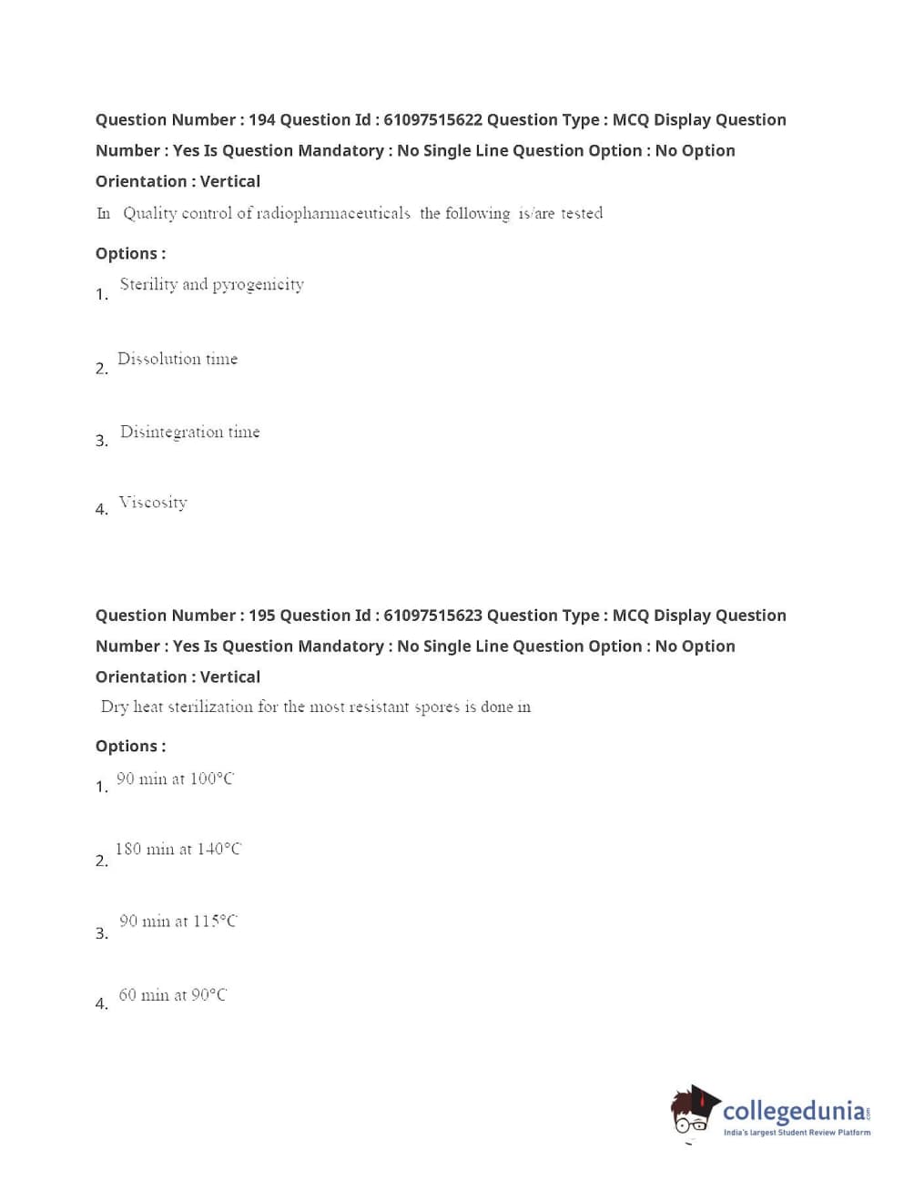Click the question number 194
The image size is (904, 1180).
[x=261, y=120]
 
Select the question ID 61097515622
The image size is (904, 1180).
[x=432, y=120]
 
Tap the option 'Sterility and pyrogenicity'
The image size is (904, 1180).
[x=211, y=285]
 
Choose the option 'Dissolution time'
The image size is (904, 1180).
[x=178, y=359]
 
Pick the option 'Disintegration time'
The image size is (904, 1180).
[x=189, y=432]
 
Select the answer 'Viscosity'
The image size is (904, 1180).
[x=153, y=503]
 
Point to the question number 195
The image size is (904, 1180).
[x=261, y=615]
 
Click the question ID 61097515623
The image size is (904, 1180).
[x=432, y=615]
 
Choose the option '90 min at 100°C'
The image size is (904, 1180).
[x=175, y=778]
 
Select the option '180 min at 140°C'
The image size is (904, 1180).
[x=178, y=849]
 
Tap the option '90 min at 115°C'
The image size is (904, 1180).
[x=178, y=921]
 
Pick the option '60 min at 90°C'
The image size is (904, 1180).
[x=173, y=995]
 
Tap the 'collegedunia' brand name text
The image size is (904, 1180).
[x=794, y=1111]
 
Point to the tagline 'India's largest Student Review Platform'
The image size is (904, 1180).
[x=797, y=1133]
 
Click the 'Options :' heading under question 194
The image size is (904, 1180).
[x=130, y=254]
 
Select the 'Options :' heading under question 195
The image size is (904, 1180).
[x=130, y=747]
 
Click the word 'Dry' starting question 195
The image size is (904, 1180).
[x=115, y=707]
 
